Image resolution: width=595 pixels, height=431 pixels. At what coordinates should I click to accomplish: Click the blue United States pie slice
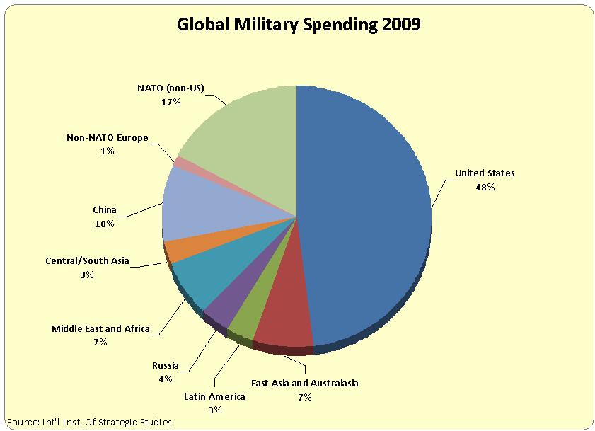(364, 212)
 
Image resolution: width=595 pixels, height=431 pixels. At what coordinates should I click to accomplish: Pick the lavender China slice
(195, 205)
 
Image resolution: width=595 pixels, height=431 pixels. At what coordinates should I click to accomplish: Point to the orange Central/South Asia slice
(177, 250)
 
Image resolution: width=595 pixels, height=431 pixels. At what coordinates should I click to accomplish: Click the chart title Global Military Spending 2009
(298, 25)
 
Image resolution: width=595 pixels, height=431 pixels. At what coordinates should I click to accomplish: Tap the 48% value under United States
(485, 188)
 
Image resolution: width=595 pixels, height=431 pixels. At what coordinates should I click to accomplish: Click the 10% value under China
(104, 224)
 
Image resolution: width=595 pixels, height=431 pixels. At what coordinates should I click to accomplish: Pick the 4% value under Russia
(165, 379)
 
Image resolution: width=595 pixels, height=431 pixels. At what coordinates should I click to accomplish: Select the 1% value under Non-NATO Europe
(107, 151)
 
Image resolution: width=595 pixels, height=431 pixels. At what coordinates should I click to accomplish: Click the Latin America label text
(215, 396)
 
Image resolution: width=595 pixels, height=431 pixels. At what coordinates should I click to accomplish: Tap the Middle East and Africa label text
(100, 329)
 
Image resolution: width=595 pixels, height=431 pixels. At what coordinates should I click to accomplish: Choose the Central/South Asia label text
(86, 261)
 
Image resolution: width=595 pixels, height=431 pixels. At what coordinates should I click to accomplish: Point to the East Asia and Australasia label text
(305, 383)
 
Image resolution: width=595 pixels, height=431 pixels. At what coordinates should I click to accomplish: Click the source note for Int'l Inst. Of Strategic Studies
(89, 422)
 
